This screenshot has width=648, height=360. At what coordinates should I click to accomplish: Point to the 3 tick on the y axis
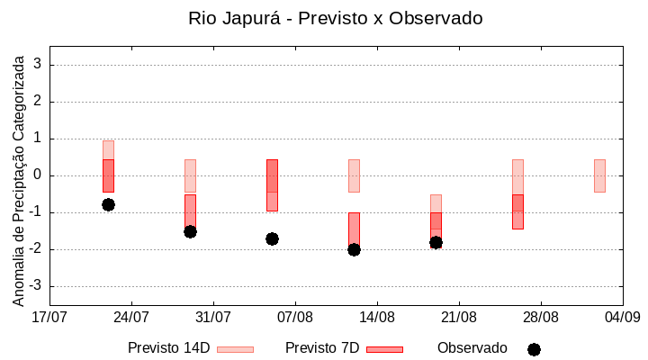[x=39, y=65]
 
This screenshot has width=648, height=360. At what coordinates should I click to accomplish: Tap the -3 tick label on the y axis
[x=36, y=286]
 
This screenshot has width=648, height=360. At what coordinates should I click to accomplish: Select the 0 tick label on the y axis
[x=39, y=175]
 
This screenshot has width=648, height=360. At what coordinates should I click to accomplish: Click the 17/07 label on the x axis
[x=49, y=317]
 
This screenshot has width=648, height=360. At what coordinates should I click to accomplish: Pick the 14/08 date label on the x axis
[x=377, y=317]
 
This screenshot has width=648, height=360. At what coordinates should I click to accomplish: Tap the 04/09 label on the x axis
[x=622, y=317]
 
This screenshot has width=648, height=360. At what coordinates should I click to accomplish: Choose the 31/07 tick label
[x=213, y=317]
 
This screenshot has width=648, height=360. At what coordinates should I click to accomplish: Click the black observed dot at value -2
[x=354, y=249]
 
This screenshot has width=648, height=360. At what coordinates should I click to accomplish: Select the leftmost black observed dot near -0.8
[x=108, y=204]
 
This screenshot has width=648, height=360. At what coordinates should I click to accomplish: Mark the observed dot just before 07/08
[x=272, y=238]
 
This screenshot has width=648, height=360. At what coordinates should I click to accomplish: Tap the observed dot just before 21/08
[x=436, y=242]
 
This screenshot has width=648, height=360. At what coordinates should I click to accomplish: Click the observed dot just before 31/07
[x=190, y=231]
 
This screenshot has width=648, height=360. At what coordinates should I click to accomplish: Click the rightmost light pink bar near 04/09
[x=599, y=175]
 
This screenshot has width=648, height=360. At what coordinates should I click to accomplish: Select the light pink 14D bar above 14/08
[x=354, y=175]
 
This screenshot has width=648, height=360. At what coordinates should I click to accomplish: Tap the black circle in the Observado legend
[x=534, y=349]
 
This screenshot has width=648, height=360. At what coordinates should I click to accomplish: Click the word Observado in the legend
[x=472, y=348]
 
